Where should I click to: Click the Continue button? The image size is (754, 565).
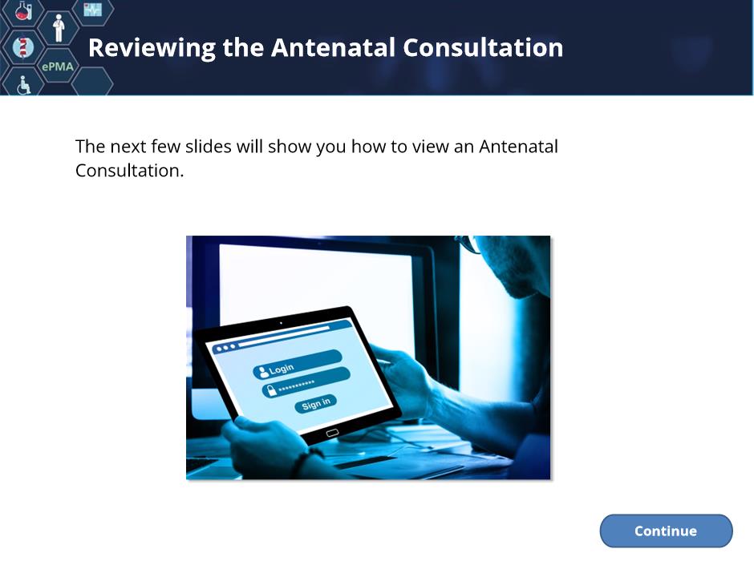point(666,531)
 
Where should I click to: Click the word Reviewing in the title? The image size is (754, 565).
point(152,49)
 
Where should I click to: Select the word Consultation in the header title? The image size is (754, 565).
point(483,47)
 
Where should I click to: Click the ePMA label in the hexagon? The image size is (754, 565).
point(58,67)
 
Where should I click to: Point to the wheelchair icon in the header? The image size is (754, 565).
point(23,85)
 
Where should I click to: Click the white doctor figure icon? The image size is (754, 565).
point(59,28)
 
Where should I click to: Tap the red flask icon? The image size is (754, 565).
point(23,10)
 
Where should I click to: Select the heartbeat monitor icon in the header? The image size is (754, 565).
point(93,9)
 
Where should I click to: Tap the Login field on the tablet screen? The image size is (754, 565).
point(297,364)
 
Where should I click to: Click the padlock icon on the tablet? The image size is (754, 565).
point(271,390)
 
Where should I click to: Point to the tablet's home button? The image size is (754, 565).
point(332,433)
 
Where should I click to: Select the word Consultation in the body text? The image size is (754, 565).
point(129,170)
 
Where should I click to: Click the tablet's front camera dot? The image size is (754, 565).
point(281,323)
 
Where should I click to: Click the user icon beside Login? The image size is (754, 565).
point(263,372)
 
